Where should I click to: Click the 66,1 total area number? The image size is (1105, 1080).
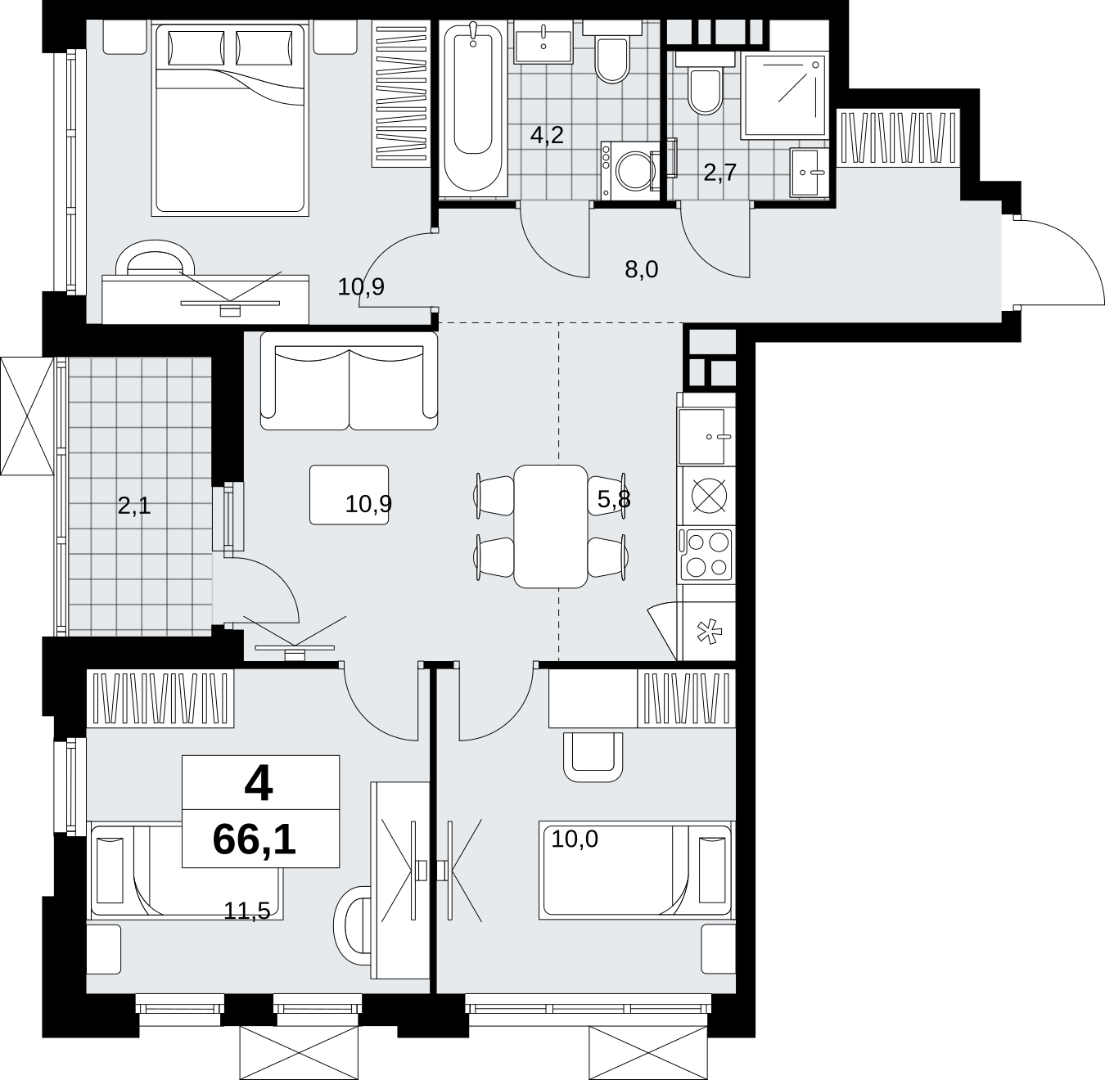pos(254,840)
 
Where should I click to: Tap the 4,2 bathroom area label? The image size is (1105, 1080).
pos(547,136)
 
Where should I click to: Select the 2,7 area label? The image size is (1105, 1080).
pos(720,172)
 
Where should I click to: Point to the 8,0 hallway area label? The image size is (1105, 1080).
pos(641,269)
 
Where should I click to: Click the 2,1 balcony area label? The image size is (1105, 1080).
pos(134,506)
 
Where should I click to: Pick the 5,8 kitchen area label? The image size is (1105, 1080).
pos(614,499)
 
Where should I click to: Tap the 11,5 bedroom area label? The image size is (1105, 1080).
pos(246,911)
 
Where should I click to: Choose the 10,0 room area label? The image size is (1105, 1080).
pos(575,839)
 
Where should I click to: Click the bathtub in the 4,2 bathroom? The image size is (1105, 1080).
pos(473,107)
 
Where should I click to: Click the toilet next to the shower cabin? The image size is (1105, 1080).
pos(705,83)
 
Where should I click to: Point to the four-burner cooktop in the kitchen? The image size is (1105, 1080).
pos(706,555)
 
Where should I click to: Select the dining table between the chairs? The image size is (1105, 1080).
pos(550,526)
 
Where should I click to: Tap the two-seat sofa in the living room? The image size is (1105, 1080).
pos(350,380)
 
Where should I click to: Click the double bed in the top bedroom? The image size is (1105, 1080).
pos(230,119)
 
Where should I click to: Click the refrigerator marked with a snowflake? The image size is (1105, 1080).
pos(709,632)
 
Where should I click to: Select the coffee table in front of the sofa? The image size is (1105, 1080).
pos(350,494)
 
